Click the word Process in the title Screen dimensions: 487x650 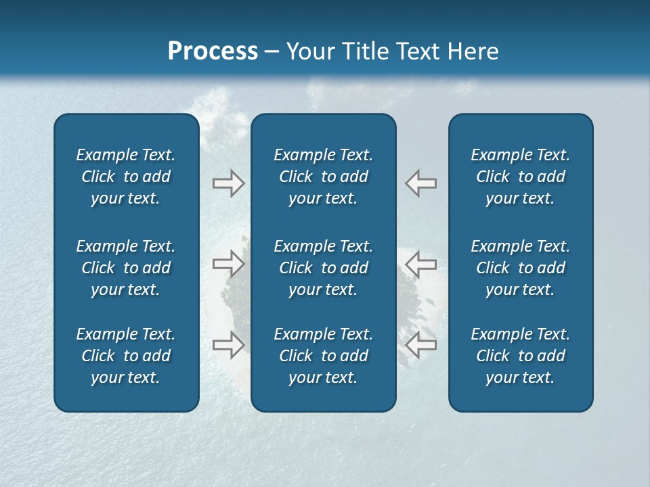point(213,51)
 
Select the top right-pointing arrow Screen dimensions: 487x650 point(228,183)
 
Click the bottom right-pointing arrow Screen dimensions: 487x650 point(228,344)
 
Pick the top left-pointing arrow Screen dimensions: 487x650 point(421,183)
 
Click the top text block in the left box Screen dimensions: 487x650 point(126,177)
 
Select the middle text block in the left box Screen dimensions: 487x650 point(126,268)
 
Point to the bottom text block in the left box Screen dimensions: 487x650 point(126,356)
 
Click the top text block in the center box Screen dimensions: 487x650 point(323,177)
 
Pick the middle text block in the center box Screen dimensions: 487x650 point(323,268)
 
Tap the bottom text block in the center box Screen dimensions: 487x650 point(323,356)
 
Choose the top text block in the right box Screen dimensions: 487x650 point(520,177)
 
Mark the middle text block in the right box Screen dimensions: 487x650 point(520,268)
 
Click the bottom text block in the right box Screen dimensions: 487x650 point(520,356)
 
